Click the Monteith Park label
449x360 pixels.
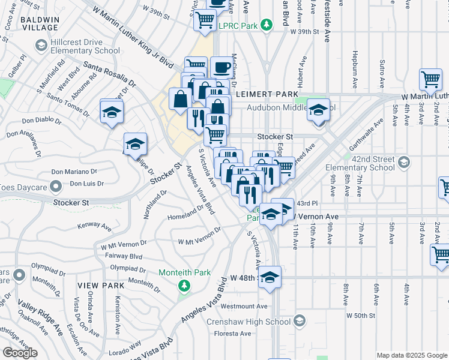pyautogui.click(x=184, y=272)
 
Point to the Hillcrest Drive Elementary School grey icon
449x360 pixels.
pyautogui.click(x=41, y=46)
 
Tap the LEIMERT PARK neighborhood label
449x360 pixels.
pyautogui.click(x=267, y=95)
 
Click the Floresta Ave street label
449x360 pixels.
pyautogui.click(x=231, y=331)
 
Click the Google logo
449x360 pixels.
pyautogui.click(x=20, y=353)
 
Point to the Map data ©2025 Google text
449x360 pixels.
pyautogui.click(x=412, y=355)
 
